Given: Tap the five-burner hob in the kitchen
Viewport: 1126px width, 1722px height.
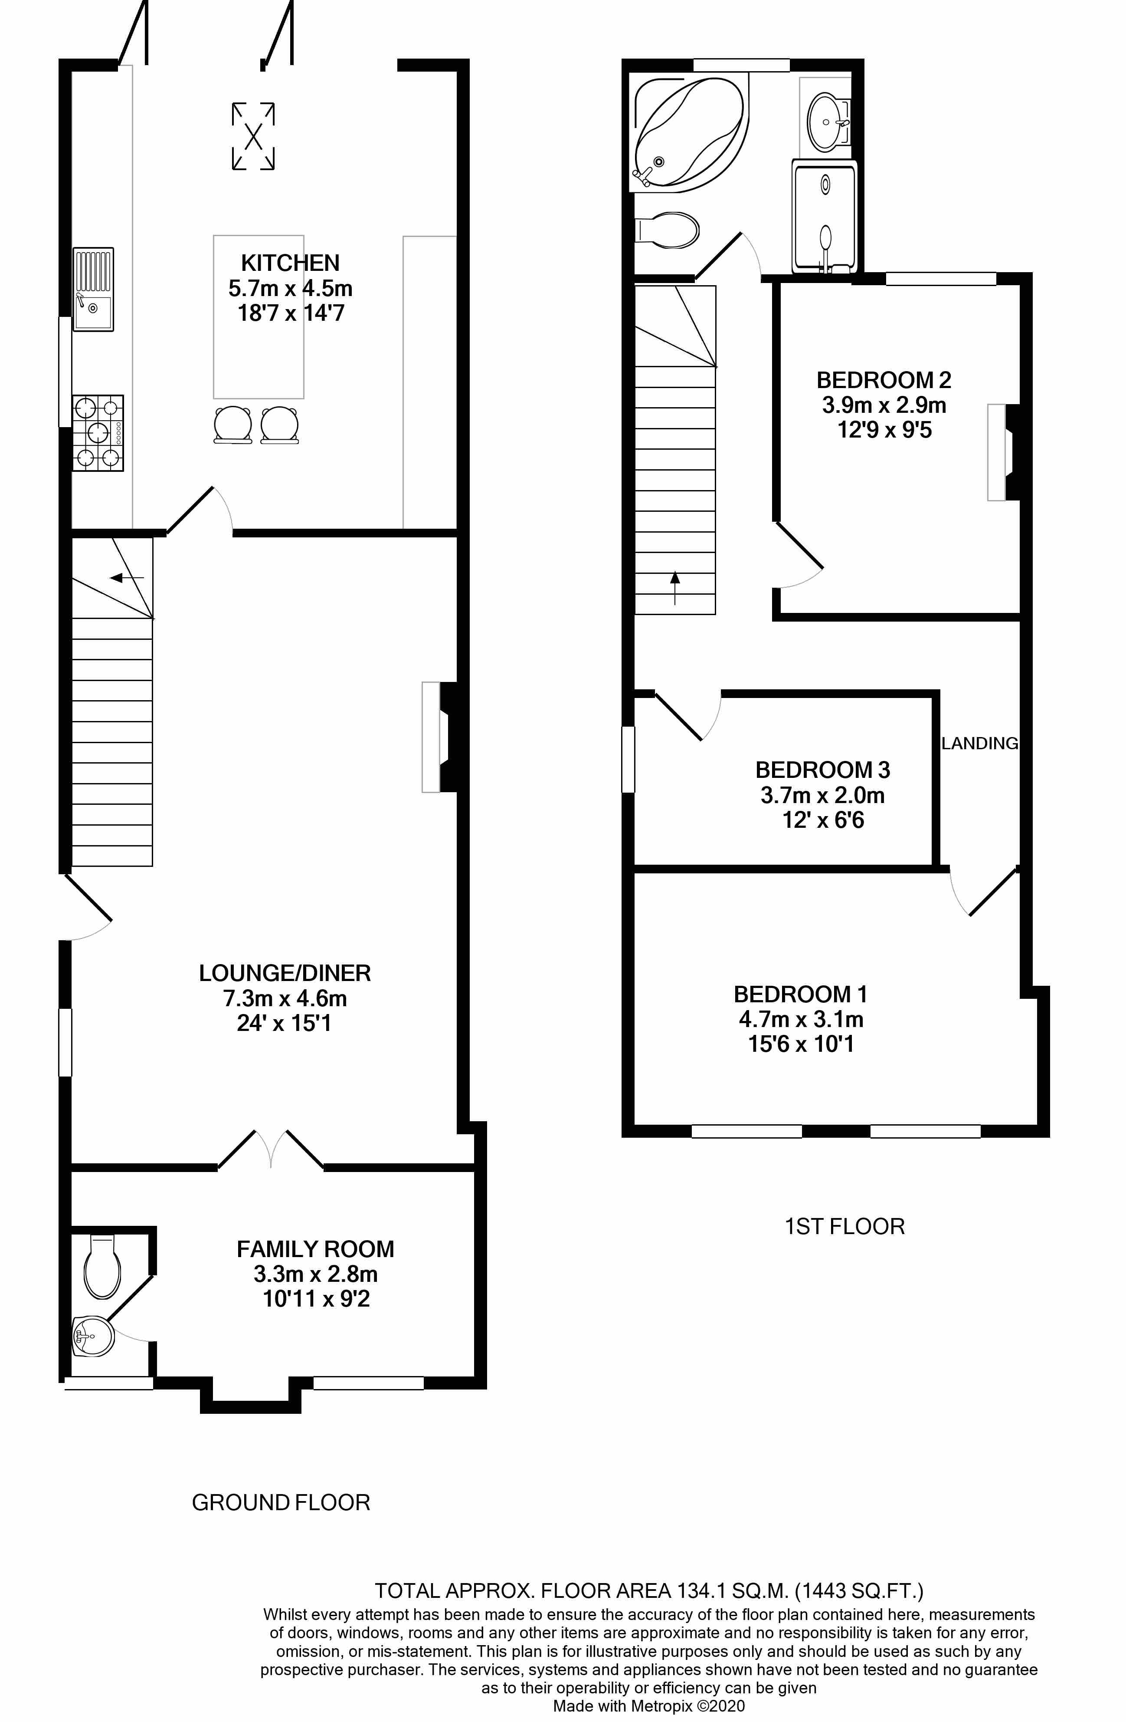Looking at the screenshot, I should [98, 433].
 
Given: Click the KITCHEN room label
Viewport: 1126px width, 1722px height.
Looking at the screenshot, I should [290, 263].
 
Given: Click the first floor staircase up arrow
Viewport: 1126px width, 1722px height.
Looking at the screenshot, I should [675, 587].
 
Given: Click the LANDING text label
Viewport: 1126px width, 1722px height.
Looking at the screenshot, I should [979, 743].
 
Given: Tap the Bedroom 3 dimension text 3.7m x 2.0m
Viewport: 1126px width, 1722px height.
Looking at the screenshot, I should [822, 795].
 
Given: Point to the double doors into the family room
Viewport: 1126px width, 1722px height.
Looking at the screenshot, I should [271, 1149].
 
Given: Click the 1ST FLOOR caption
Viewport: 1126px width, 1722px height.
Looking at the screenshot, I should [844, 1226].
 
